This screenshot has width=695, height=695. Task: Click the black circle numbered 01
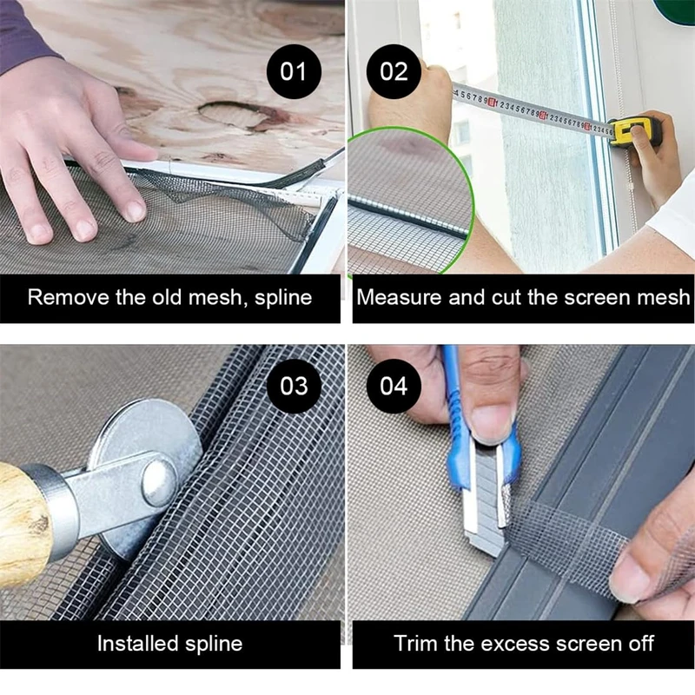coord(294,72)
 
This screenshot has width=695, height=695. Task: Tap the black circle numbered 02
coord(394,72)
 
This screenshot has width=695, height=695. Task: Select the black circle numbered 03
coord(294,386)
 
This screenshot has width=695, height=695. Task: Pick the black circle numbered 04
coord(394,386)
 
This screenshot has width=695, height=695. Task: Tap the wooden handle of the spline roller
coord(24,523)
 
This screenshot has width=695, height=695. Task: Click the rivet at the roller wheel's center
coord(160,482)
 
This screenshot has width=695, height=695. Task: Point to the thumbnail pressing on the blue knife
coord(492,421)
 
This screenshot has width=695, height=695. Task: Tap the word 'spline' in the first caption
coord(284,298)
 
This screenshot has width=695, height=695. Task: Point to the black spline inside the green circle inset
coord(407,217)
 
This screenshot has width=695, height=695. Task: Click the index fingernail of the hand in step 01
coord(135,210)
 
